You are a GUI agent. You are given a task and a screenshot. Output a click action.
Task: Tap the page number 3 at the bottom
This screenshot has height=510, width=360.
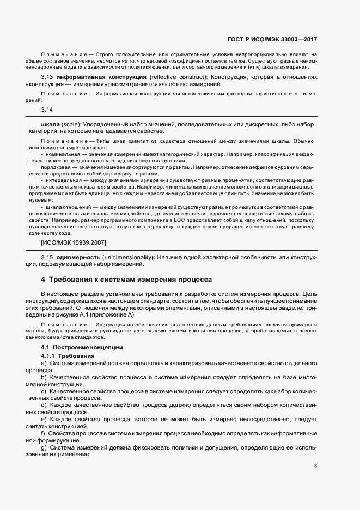pyautogui.click(x=315, y=466)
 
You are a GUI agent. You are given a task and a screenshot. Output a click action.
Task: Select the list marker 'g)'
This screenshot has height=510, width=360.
pyautogui.click(x=44, y=447)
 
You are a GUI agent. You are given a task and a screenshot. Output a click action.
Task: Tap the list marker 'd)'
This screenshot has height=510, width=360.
pyautogui.click(x=44, y=405)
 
